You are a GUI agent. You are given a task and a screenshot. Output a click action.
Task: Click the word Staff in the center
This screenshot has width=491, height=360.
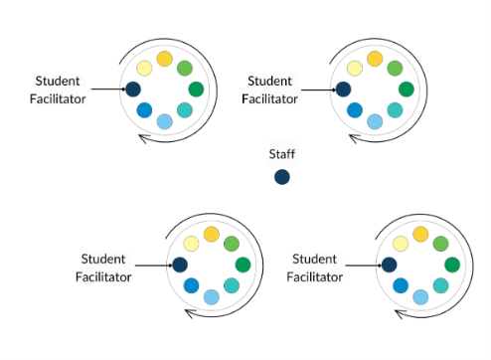click(282, 154)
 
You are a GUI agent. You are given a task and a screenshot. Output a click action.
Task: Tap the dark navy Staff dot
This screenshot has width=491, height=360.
click(282, 177)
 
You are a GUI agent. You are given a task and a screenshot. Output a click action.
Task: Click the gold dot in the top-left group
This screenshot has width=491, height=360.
click(164, 59)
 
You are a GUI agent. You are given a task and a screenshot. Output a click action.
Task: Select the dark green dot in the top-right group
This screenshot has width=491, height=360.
click(406, 90)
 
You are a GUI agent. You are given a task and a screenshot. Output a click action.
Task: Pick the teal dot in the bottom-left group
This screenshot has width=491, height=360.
click(232, 285)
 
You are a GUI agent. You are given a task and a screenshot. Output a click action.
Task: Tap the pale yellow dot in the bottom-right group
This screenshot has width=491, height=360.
click(401, 244)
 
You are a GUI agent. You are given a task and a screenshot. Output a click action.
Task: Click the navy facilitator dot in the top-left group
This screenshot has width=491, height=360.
click(132, 90)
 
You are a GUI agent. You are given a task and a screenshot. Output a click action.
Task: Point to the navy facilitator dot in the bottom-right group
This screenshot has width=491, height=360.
click(389, 265)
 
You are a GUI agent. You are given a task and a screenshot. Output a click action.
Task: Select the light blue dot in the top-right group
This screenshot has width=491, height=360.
click(375, 121)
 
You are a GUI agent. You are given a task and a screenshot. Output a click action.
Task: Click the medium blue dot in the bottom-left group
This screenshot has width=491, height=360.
click(191, 286)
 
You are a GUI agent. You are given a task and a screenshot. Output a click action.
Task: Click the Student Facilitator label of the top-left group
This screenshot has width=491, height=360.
click(61, 90)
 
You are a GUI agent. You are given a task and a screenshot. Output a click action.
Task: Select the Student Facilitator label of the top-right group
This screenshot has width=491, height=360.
click(271, 90)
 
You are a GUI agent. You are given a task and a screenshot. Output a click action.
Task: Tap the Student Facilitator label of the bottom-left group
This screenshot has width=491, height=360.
click(104, 268)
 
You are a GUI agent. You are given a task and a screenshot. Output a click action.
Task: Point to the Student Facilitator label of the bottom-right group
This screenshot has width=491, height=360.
click(314, 268)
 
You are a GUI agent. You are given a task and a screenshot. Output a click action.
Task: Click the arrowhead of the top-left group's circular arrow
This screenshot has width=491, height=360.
click(143, 137)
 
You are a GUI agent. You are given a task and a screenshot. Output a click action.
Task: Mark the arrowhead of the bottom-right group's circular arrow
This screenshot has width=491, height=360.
click(400, 313)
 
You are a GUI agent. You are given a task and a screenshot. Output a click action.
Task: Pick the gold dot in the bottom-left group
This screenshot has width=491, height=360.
click(211, 234)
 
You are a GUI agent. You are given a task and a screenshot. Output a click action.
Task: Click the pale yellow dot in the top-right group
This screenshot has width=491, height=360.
click(355, 69)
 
